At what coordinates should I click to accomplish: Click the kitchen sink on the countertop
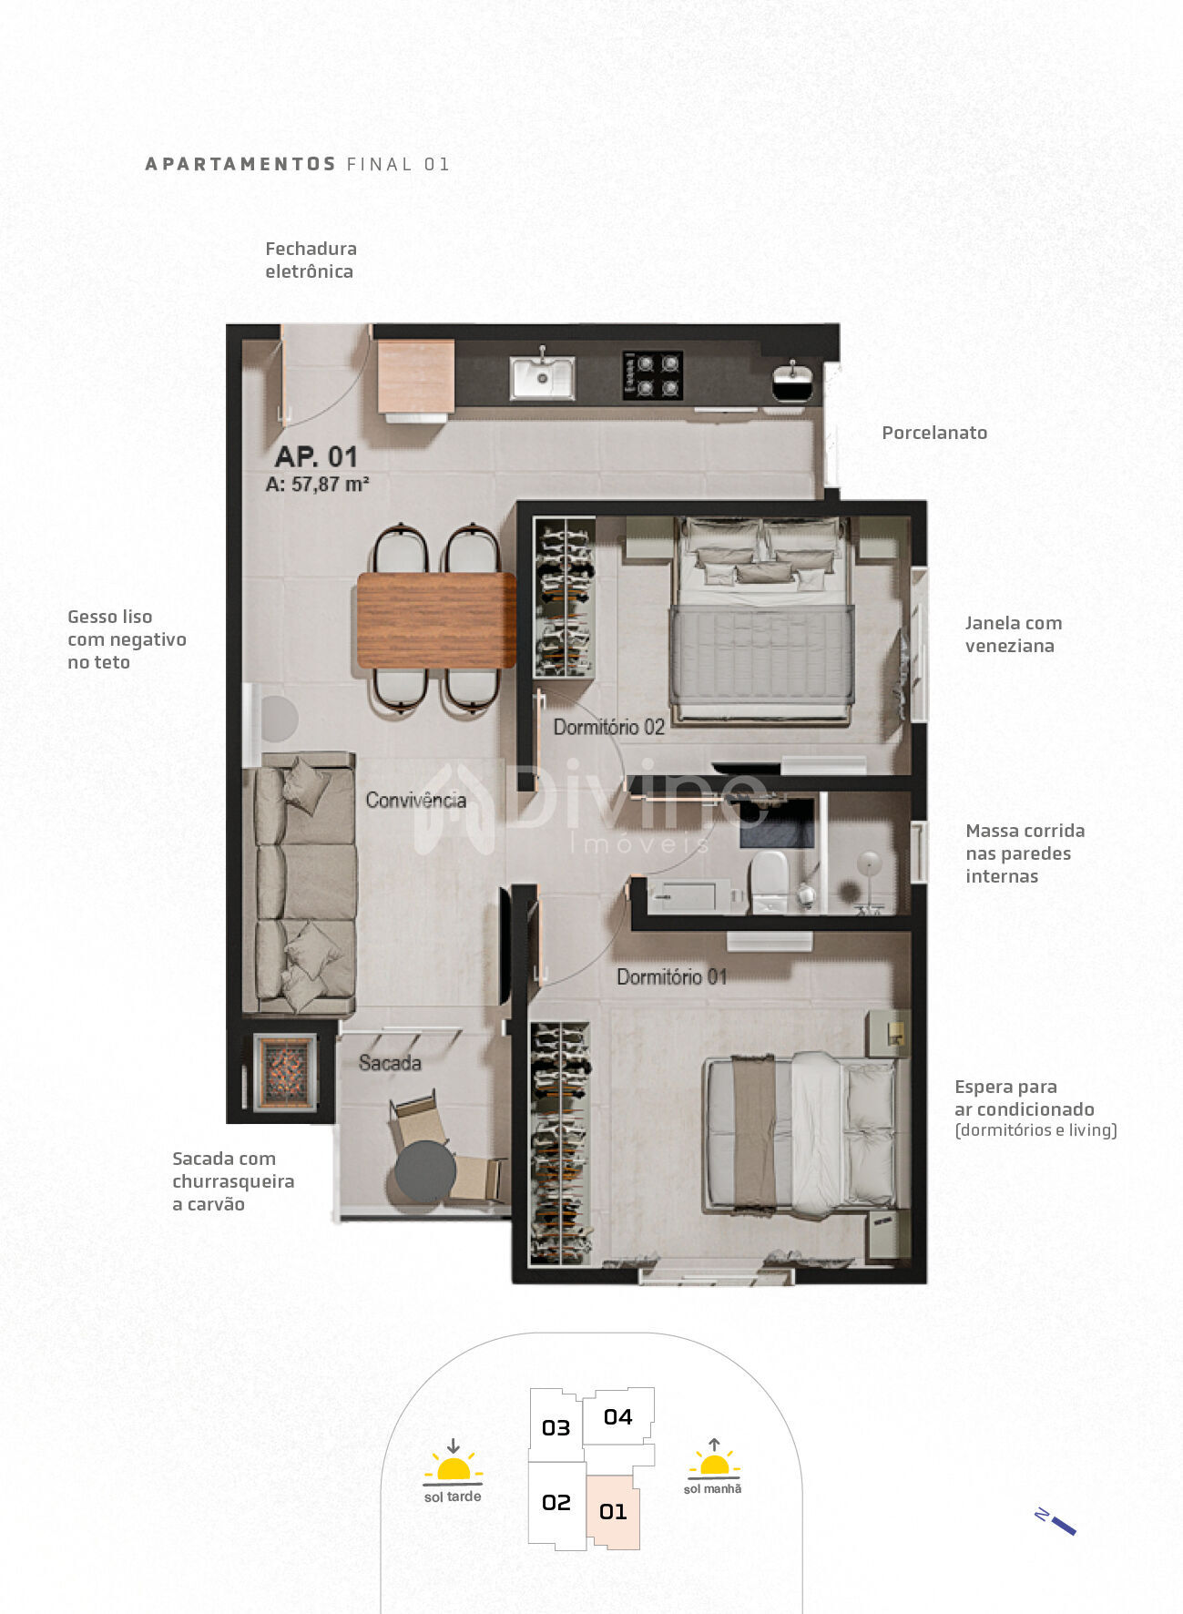542,377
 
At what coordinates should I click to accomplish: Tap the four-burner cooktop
652,375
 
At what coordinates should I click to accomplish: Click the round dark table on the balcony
425,1172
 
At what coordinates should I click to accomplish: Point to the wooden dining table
436,619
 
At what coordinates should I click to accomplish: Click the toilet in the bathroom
769,880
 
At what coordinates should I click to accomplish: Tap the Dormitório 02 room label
609,727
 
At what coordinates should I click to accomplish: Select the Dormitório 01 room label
671,976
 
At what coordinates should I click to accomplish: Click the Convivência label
415,800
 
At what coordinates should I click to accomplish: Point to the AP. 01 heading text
316,456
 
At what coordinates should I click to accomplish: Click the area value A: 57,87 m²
317,485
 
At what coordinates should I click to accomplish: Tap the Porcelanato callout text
934,433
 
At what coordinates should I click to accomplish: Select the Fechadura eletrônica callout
311,260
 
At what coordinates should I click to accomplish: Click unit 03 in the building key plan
556,1427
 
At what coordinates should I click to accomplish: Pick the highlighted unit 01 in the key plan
613,1512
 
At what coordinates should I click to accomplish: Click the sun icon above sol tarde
453,1466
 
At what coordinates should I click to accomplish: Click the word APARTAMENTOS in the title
240,164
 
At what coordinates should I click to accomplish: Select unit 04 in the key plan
617,1416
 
